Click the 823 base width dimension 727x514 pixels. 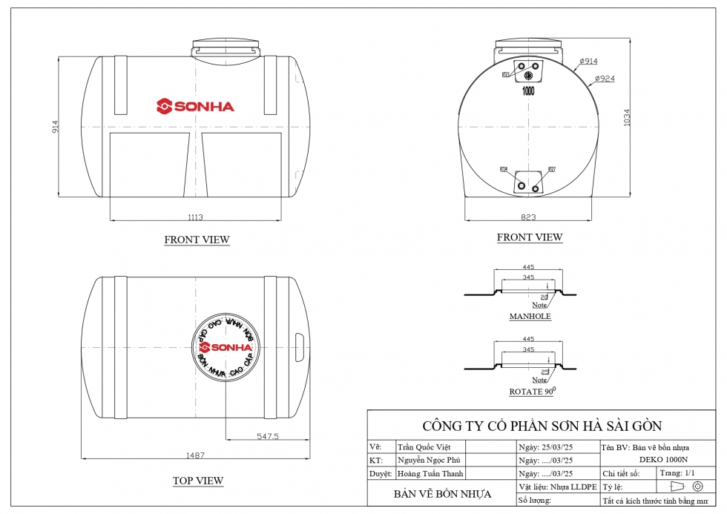coord(529,217)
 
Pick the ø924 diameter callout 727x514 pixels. coord(605,78)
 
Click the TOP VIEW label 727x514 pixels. coord(198,481)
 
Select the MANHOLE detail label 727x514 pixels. coord(530,317)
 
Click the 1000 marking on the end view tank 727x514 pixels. coord(529,92)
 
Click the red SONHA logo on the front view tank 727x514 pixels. coord(195,106)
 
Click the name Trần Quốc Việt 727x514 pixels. coord(424,447)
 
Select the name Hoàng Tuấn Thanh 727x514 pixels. coord(430,474)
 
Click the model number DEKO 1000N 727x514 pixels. coord(663,460)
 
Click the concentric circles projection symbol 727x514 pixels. coord(697,487)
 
